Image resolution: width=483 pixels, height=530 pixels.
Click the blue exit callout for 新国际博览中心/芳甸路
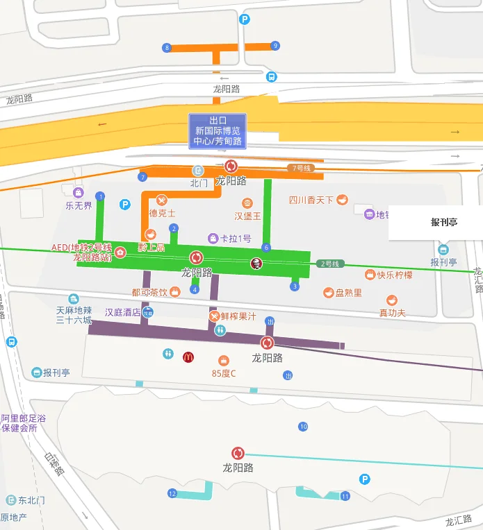[x=218, y=131]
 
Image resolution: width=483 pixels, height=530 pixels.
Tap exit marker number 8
[x=166, y=48]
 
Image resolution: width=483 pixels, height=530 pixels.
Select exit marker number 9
[x=275, y=46]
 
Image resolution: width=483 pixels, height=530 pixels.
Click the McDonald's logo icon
[x=188, y=357]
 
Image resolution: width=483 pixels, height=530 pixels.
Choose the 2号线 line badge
[x=331, y=264]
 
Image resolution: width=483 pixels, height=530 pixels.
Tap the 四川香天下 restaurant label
[x=311, y=200]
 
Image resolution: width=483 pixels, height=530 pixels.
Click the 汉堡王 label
[x=247, y=216]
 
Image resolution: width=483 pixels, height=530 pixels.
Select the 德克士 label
[x=162, y=213]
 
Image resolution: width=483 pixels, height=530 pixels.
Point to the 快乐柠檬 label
[x=395, y=275]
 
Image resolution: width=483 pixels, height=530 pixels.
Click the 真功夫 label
[x=392, y=313]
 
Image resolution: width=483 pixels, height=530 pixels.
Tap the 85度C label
[x=224, y=373]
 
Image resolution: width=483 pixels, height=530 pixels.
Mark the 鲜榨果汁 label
[x=238, y=316]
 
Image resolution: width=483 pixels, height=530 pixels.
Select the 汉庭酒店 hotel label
[x=123, y=312]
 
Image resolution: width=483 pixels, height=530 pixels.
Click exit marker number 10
[x=303, y=427]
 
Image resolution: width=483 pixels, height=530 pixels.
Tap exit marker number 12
[x=172, y=493]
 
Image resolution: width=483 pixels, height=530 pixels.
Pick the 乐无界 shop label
[x=79, y=205]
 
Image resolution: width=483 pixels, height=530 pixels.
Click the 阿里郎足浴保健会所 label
[x=24, y=423]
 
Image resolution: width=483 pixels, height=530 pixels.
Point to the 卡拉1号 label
[x=236, y=239]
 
